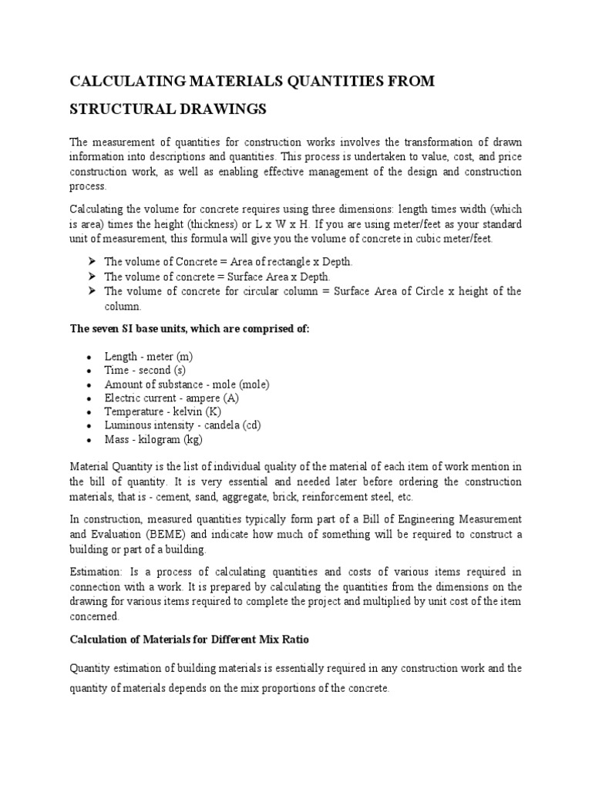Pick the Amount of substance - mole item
187,384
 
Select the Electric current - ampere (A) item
172,398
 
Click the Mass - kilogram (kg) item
153,440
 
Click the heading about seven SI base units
190,329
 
